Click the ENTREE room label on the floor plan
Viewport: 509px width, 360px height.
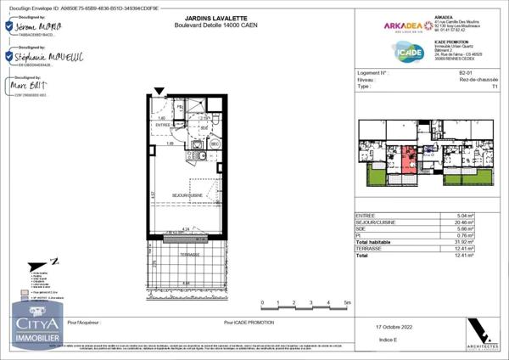[163, 126]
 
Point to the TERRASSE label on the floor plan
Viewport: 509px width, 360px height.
[188, 254]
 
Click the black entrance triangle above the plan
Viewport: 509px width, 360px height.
[159, 91]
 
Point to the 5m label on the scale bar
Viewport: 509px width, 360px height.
[348, 302]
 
